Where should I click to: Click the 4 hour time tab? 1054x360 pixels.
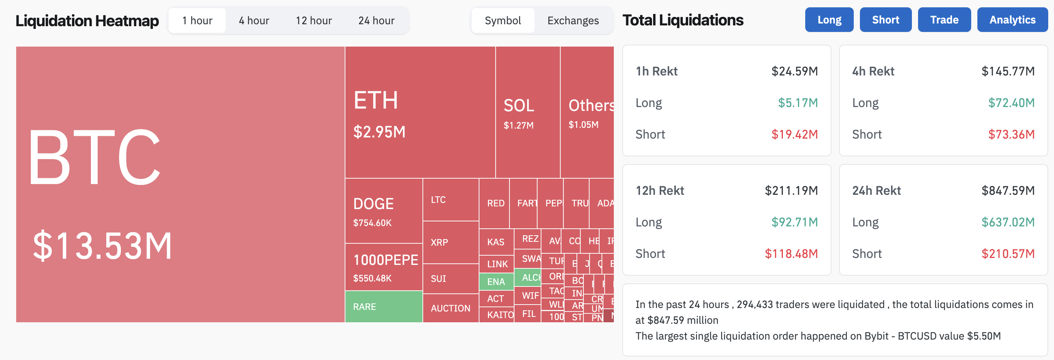254,20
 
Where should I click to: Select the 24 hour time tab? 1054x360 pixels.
376,20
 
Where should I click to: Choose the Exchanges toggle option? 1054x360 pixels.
573,20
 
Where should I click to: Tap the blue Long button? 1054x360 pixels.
829,20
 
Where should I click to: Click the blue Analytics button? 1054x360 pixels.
1012,20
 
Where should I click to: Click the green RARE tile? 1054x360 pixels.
384,306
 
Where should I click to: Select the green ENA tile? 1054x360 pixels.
496,281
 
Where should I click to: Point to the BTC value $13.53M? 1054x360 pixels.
102,246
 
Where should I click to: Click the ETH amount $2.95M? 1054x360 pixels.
379,132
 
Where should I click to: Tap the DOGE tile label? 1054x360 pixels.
373,204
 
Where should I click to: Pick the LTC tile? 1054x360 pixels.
450,199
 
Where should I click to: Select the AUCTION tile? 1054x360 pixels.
451,308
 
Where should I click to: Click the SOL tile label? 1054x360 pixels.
518,105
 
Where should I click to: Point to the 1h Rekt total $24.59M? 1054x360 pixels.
794,71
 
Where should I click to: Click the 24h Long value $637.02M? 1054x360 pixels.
1008,222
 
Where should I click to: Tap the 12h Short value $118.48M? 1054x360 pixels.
791,254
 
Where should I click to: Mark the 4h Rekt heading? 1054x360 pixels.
873,71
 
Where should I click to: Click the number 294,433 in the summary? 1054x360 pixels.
754,304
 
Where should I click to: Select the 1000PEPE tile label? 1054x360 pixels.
385,260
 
